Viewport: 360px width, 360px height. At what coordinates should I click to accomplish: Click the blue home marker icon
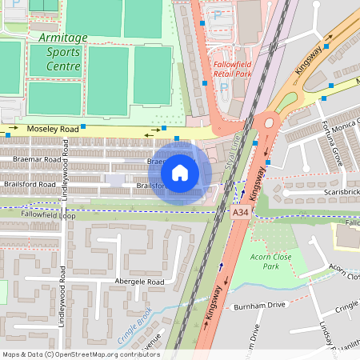tap(180, 173)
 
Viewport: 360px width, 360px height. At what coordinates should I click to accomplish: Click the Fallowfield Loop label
tap(48, 215)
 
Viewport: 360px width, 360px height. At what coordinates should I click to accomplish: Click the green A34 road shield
tap(240, 214)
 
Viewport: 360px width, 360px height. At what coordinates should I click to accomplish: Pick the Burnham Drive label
tap(258, 306)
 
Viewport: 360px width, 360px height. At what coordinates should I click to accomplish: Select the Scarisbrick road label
tap(342, 192)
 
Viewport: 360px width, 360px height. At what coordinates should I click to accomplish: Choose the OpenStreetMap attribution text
tap(81, 354)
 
